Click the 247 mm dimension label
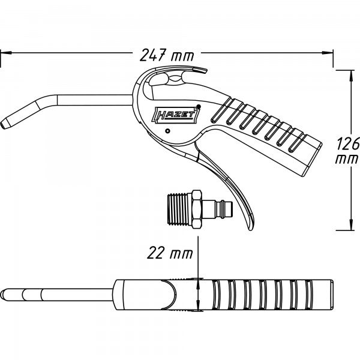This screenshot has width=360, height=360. tap(166, 56)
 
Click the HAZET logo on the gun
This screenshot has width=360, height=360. tap(172, 116)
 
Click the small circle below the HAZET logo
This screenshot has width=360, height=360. tap(169, 131)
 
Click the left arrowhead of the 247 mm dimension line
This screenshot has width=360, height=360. tap(3, 53)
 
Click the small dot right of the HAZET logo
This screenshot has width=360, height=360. tap(199, 108)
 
